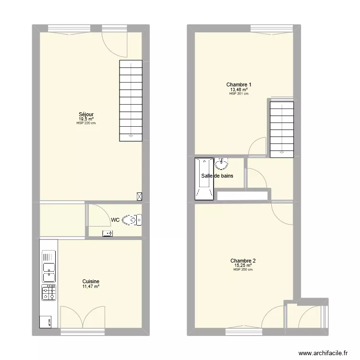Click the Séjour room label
[86, 114]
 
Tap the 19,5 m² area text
[86, 119]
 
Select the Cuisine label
[91, 282]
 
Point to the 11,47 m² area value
[91, 287]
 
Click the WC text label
[115, 220]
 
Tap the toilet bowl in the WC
[130, 220]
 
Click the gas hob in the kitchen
[49, 292]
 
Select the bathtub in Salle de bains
[204, 179]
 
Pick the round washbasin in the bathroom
[222, 165]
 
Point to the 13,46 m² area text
[239, 89]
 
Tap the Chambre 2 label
[243, 261]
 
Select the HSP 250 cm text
[243, 270]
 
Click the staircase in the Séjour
[131, 100]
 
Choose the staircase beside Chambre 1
[281, 129]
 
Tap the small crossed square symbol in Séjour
[139, 196]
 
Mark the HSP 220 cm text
[86, 123]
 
